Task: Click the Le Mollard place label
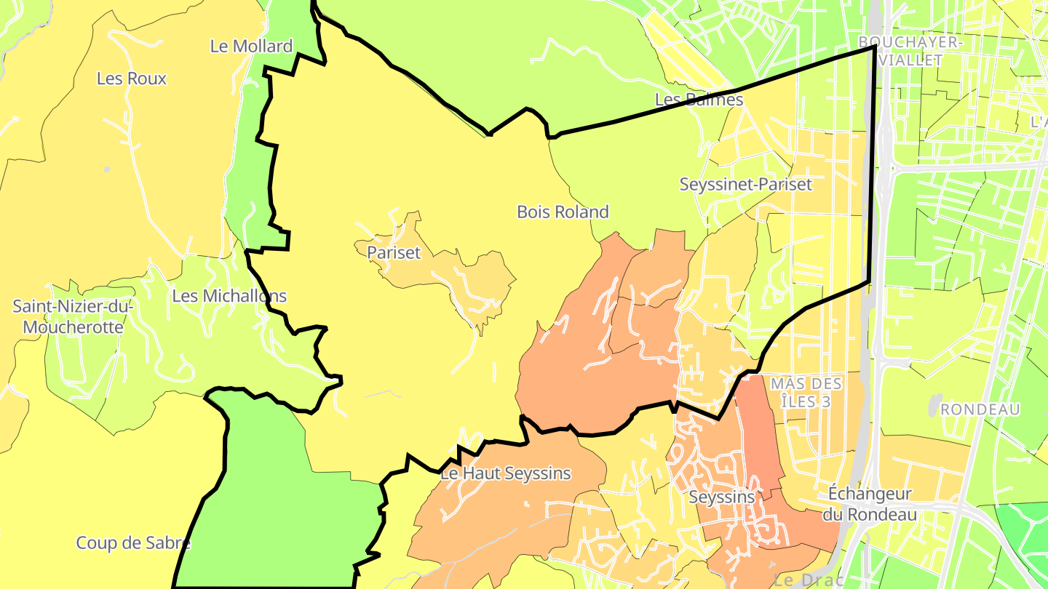[251, 47]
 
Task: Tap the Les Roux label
[132, 79]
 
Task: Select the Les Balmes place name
[699, 100]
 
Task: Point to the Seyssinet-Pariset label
[745, 184]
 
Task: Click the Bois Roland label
[563, 212]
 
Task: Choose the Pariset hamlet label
[394, 253]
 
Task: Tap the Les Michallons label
[229, 297]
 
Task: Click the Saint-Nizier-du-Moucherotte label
[73, 317]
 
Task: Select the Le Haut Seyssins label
[506, 474]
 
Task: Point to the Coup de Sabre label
[133, 543]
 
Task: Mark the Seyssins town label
[722, 498]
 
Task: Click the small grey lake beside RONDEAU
[934, 406]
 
